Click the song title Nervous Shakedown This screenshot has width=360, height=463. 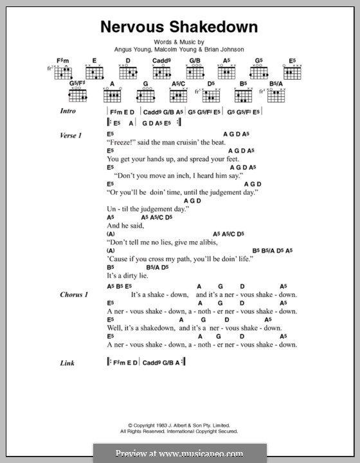pyautogui.click(x=179, y=27)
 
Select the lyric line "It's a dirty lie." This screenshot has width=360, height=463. pyautogui.click(x=128, y=275)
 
